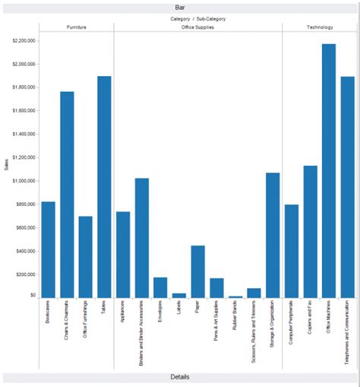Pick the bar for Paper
197,271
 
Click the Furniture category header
76,27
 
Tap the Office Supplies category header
197,27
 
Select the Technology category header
320,27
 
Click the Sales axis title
6,163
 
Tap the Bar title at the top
180,7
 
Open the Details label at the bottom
180,377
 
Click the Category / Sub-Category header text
197,18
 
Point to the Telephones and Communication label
347,335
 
